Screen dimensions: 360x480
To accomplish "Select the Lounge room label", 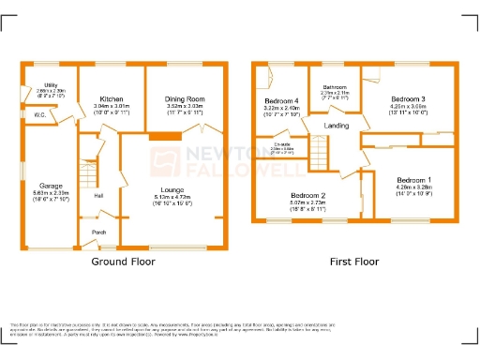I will [x=171, y=189].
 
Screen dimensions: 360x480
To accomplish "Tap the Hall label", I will [x=98, y=195].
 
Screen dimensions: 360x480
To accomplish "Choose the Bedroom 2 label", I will [x=307, y=196].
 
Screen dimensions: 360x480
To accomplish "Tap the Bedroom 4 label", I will [x=281, y=100].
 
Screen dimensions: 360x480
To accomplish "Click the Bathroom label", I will [x=335, y=86].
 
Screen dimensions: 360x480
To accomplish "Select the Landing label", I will [x=337, y=125].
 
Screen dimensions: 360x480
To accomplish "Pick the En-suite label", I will [x=281, y=143].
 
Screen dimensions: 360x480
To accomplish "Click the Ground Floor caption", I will [x=122, y=263].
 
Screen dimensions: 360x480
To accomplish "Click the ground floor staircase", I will [x=87, y=169].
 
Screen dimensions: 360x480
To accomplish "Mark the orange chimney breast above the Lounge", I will [x=165, y=137].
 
